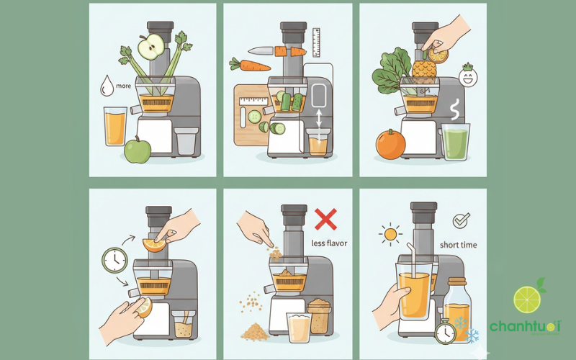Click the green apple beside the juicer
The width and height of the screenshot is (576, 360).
(138, 150)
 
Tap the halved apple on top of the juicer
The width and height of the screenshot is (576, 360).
(152, 50)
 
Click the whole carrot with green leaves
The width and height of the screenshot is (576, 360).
(247, 66)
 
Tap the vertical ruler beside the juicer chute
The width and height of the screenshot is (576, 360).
(316, 42)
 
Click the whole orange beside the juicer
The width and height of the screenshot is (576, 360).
(390, 144)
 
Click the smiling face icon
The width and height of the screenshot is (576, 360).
(469, 77)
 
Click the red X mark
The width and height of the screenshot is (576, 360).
(325, 217)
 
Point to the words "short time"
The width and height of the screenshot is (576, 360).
(459, 245)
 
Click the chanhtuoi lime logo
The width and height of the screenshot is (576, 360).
(526, 310)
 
